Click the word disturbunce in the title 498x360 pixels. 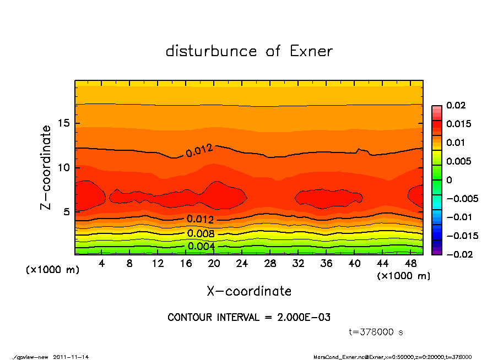tap(211, 51)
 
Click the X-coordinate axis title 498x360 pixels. tap(249, 291)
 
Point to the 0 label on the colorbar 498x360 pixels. tap(449, 180)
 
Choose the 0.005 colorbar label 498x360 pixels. tap(458, 161)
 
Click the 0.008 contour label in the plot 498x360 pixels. tap(201, 233)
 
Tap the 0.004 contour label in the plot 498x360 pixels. tap(201, 246)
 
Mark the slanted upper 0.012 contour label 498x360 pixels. tap(199, 151)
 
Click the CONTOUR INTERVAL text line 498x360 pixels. tap(249, 318)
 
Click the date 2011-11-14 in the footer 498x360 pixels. tap(71, 357)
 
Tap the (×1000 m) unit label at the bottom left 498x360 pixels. tap(50, 270)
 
